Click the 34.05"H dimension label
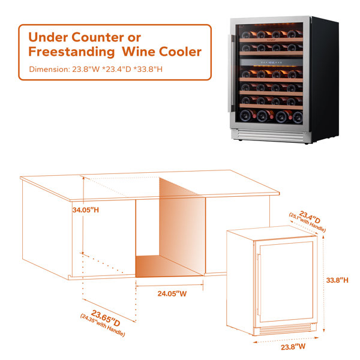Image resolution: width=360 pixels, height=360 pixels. click(x=86, y=210)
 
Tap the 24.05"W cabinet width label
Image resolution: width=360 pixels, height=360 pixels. click(x=172, y=293)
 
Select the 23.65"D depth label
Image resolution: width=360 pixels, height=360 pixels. click(x=106, y=318)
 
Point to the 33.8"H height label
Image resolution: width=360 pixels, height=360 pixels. click(x=337, y=280)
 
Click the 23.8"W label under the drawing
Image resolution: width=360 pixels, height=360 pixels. click(x=293, y=347)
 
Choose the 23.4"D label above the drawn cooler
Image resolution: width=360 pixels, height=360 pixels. click(x=310, y=217)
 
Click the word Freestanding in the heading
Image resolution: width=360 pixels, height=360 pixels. click(x=71, y=52)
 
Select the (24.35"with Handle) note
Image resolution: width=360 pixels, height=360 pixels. click(x=103, y=325)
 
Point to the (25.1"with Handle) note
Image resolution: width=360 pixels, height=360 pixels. click(x=307, y=223)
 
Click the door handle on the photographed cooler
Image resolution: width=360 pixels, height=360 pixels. click(x=232, y=73)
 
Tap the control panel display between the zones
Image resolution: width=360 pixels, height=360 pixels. click(x=271, y=62)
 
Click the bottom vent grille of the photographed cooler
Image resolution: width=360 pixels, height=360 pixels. click(x=271, y=136)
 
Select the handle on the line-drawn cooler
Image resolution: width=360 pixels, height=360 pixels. click(x=259, y=284)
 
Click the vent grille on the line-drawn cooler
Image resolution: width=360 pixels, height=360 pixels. click(x=285, y=329)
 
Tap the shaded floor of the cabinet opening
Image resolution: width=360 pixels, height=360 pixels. click(x=167, y=266)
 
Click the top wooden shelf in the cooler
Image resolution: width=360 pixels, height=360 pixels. click(x=271, y=40)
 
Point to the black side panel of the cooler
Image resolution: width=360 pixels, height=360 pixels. click(x=324, y=79)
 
